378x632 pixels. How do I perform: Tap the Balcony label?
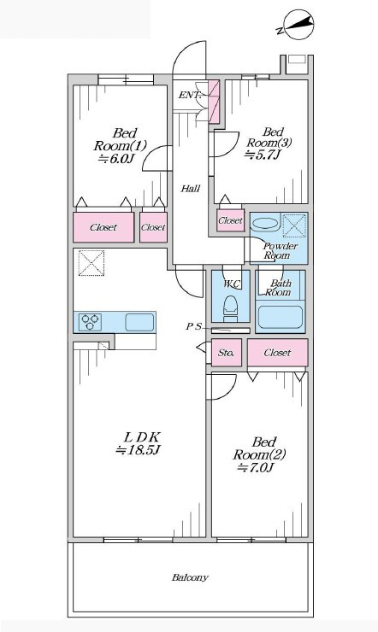coord(190,577)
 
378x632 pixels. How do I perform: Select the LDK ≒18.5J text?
coord(139,443)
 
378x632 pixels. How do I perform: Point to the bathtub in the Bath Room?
coord(281,317)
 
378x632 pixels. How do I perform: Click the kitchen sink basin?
coord(139,323)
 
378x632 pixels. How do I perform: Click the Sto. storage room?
coord(227,353)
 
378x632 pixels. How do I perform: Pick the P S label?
coord(193,327)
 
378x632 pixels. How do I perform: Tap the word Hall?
coord(190,188)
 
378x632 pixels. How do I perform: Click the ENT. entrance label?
coord(190,96)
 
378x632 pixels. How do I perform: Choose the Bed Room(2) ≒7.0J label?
coord(259,454)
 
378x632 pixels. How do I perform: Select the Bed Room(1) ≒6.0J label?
coord(121,145)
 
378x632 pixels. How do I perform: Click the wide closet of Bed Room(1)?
coord(103,227)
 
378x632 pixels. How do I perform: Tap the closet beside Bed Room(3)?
coord(230,220)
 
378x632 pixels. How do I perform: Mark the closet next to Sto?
coord(278,353)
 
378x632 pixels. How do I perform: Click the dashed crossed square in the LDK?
coord(92,263)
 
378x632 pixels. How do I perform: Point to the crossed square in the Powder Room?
coord(294,226)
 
